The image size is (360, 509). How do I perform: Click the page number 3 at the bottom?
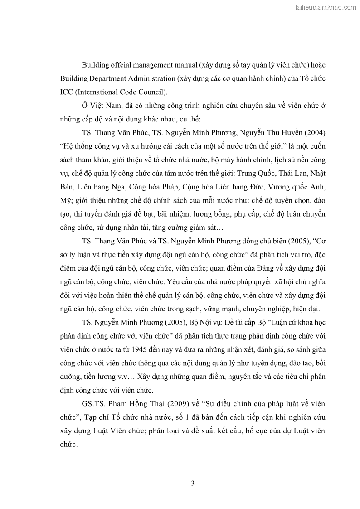coord(193,483)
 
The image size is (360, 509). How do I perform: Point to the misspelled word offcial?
coord(121,65)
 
